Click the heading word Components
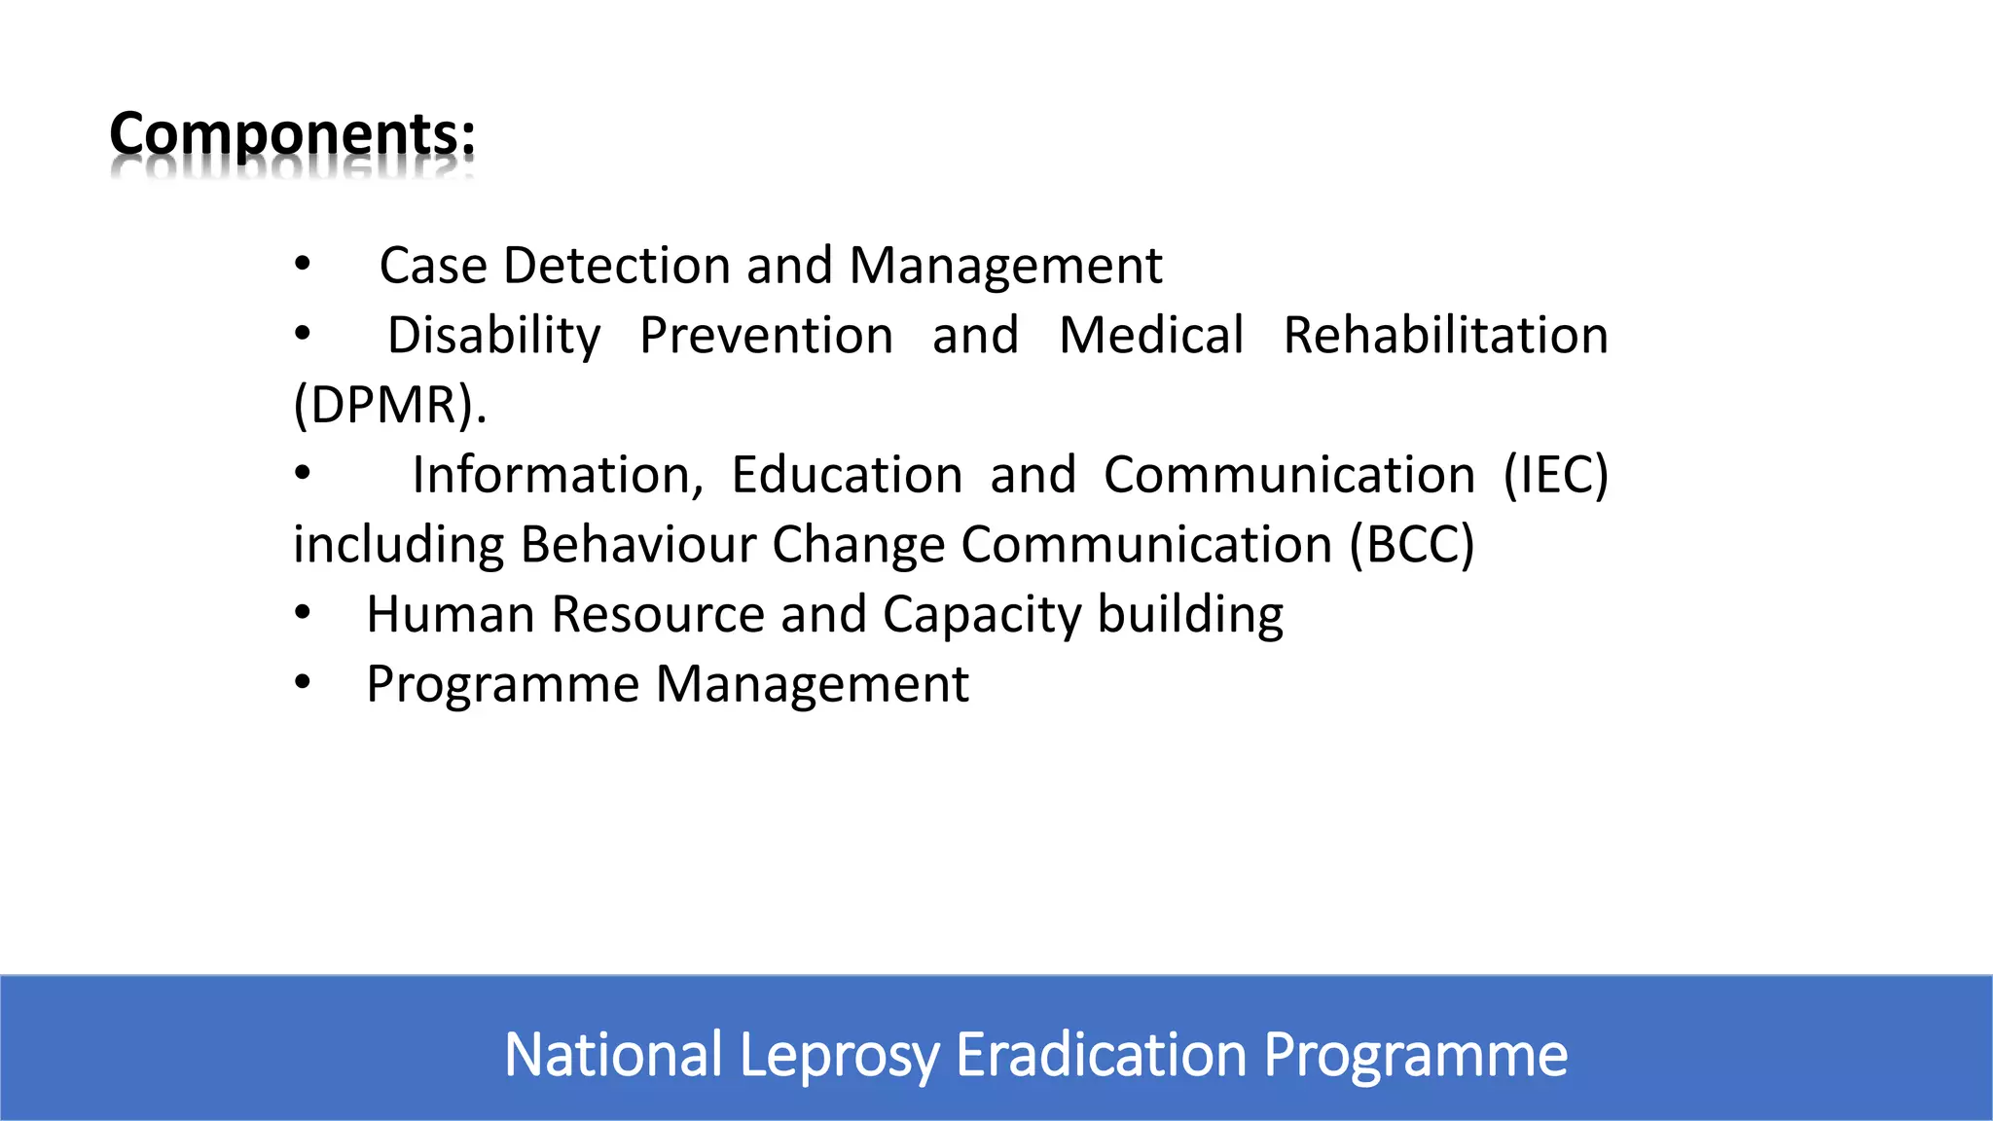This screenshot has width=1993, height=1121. pyautogui.click(x=292, y=134)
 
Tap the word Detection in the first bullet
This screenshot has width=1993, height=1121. pyautogui.click(x=617, y=266)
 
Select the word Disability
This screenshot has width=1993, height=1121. pyautogui.click(x=494, y=336)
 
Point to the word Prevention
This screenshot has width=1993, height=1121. pyautogui.click(x=767, y=336)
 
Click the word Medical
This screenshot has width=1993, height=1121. pyautogui.click(x=1151, y=336)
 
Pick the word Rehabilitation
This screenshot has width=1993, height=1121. pyautogui.click(x=1445, y=336)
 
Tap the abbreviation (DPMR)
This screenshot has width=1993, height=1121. pyautogui.click(x=389, y=405)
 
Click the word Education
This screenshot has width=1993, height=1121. pyautogui.click(x=847, y=475)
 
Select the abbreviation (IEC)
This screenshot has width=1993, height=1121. pyautogui.click(x=1555, y=475)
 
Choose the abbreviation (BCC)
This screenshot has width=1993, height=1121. pyautogui.click(x=1411, y=545)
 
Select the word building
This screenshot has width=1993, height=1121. pyautogui.click(x=1190, y=615)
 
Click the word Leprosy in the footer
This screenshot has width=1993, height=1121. pyautogui.click(x=840, y=1055)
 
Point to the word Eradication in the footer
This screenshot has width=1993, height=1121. pyautogui.click(x=1102, y=1055)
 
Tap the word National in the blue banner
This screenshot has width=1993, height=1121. pyautogui.click(x=613, y=1055)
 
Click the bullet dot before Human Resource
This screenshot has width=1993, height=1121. pyautogui.click(x=303, y=613)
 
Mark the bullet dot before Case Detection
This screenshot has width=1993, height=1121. pyautogui.click(x=303, y=264)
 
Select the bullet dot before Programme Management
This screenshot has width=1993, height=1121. pyautogui.click(x=303, y=683)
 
